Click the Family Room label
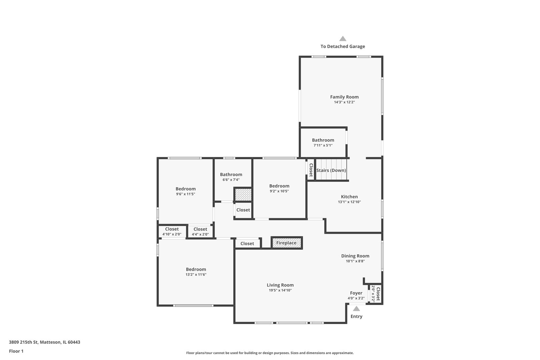point(344,97)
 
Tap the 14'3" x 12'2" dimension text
point(344,102)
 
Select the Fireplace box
point(286,243)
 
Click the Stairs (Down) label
point(331,170)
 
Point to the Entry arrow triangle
point(356,309)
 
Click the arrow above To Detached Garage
point(343,39)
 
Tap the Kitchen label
point(349,197)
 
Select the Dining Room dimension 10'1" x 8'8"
point(355,261)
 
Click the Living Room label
point(280,285)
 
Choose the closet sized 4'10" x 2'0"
point(172,231)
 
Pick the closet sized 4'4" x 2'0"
point(200,231)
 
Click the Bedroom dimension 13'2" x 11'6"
point(196,275)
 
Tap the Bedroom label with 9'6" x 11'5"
point(186,189)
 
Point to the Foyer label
point(356,293)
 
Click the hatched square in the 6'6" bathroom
point(243,195)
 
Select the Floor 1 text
point(16,351)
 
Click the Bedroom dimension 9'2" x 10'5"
point(279,191)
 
